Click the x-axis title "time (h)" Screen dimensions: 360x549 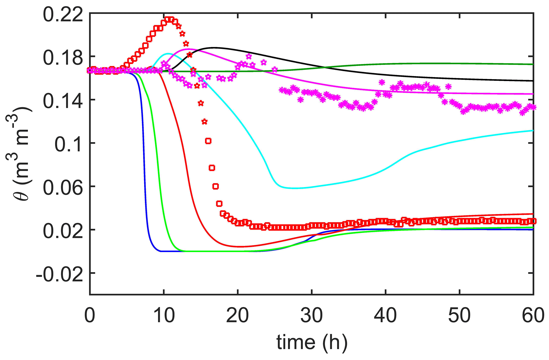pyautogui.click(x=312, y=343)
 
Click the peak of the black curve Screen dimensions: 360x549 pyautogui.click(x=214, y=48)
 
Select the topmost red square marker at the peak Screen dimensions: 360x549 pyautogui.click(x=169, y=19)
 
